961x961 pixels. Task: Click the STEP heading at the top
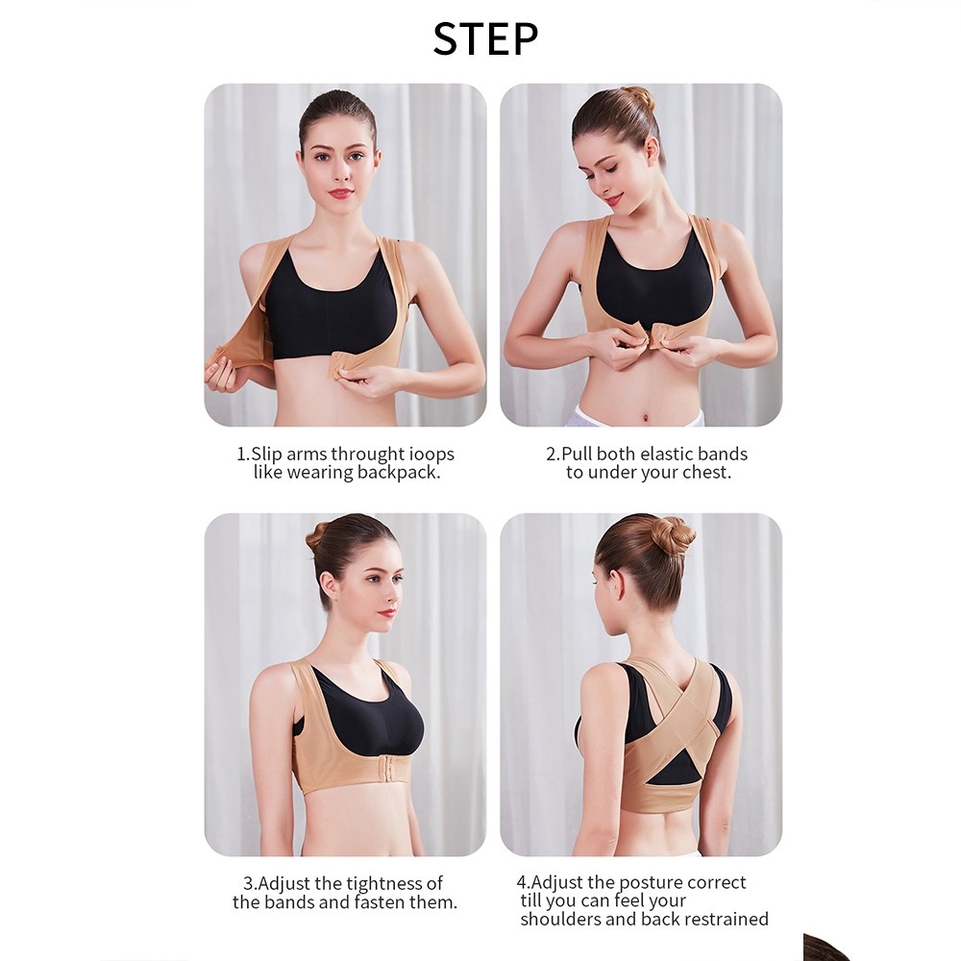coord(485,39)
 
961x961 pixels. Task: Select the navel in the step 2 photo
coord(647,419)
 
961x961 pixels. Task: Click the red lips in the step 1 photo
coord(341,194)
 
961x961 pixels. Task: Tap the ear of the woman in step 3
coord(331,587)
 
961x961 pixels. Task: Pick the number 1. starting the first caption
coord(243,455)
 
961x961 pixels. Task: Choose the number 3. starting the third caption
coord(250,884)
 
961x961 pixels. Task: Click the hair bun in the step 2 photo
coord(639,98)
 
